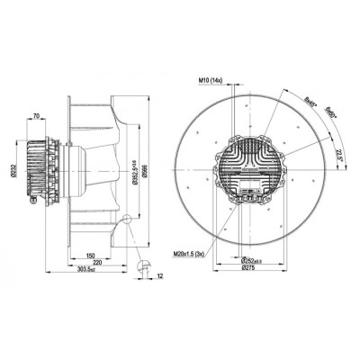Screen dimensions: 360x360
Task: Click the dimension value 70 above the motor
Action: pyautogui.click(x=33, y=116)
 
